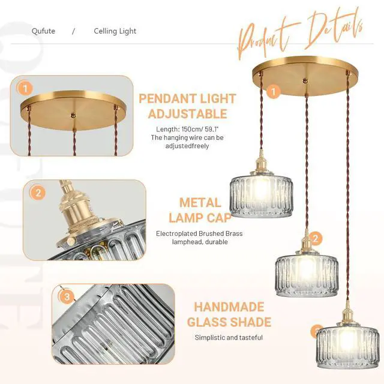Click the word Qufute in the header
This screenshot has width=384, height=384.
[43, 31]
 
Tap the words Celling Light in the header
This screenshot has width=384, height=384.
[115, 31]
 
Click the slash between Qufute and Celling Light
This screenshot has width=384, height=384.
[73, 31]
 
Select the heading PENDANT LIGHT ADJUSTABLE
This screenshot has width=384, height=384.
[187, 106]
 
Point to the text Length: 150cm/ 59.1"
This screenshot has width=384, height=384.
[187, 129]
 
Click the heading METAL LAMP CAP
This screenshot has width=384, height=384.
[200, 211]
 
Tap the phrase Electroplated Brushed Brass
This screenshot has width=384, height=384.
[199, 233]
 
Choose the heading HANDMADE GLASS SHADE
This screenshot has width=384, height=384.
[229, 314]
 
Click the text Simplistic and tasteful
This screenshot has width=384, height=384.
[229, 337]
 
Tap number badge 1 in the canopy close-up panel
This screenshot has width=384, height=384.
[25, 88]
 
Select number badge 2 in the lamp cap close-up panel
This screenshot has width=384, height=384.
[38, 193]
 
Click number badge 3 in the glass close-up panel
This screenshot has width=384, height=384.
[67, 297]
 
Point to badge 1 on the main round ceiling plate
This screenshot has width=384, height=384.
[274, 92]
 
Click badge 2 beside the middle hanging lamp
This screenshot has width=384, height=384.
[316, 238]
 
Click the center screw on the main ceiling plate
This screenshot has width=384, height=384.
[305, 80]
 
